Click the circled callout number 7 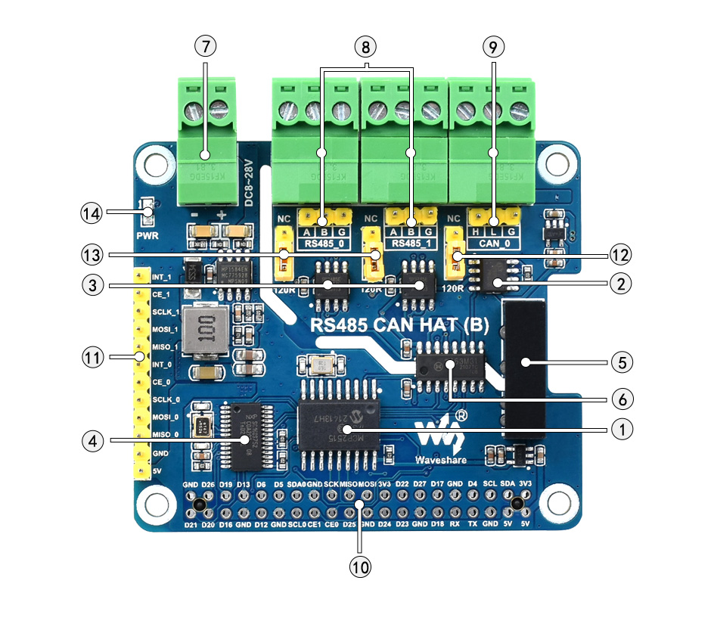[205, 45]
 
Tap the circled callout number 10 [361, 565]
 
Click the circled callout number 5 [621, 362]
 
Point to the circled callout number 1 [621, 429]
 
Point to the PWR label [147, 235]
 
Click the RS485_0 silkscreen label [324, 244]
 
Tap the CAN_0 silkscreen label [493, 244]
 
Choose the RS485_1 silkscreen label [409, 244]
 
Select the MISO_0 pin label [166, 435]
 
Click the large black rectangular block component [524, 371]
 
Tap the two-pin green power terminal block [206, 144]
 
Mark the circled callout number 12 [621, 254]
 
